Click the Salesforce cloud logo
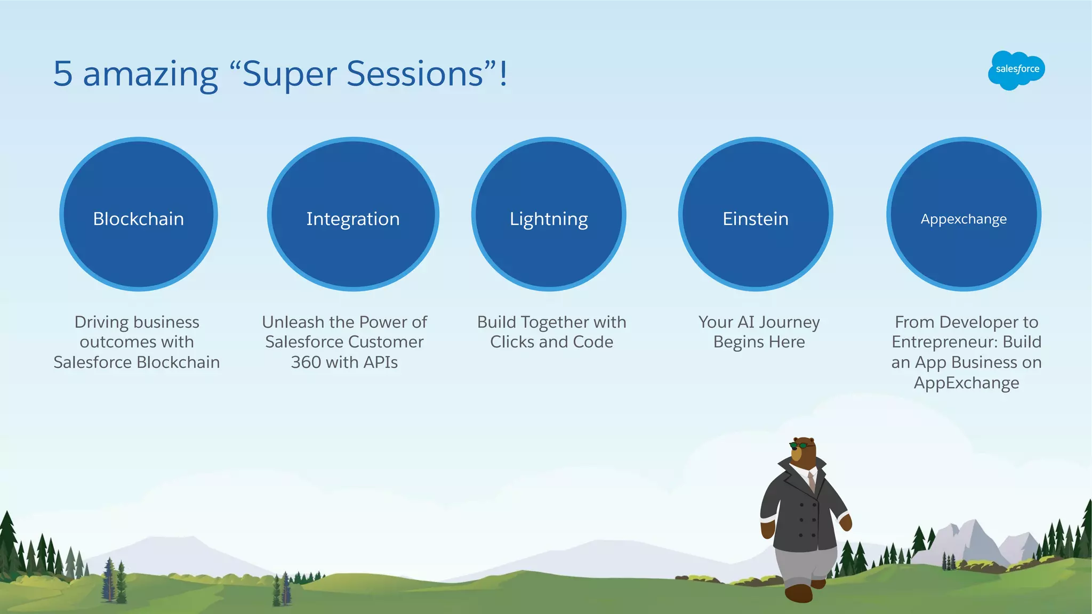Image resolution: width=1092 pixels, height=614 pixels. coord(1016,70)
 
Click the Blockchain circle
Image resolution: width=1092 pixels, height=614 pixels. coord(139,214)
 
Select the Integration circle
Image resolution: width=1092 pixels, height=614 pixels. coord(353,214)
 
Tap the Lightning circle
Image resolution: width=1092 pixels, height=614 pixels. coord(549,214)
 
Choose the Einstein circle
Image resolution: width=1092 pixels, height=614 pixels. coord(756,214)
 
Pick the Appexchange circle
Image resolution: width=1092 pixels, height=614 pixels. coord(963,214)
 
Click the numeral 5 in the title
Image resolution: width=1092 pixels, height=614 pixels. coord(63,74)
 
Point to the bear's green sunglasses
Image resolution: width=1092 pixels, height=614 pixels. coord(799,445)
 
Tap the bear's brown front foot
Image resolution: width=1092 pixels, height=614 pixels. coord(798,593)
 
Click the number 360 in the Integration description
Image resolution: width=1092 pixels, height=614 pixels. coord(306,362)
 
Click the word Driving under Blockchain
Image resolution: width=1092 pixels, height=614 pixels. coord(101,322)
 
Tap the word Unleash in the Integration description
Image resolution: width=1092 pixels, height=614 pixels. coord(293,322)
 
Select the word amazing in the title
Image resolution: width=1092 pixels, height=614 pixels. coord(150,75)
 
